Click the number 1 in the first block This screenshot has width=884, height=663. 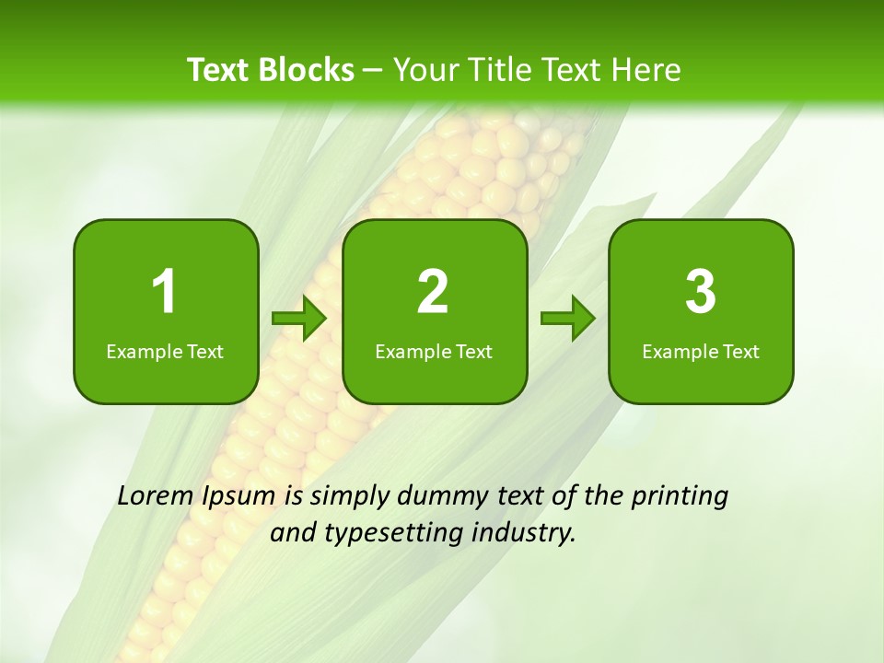(164, 292)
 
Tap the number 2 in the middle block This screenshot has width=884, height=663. (433, 292)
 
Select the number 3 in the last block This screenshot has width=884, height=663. (701, 292)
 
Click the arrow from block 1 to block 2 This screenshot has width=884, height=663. (300, 319)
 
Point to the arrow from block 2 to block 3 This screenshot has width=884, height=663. (568, 319)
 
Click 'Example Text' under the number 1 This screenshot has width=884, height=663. (165, 352)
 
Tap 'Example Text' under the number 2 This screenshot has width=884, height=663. (434, 352)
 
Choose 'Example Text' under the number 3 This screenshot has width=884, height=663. (701, 352)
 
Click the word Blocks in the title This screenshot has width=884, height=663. (308, 70)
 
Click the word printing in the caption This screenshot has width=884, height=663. (680, 497)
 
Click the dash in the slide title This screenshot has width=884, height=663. (374, 70)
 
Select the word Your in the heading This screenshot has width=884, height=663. (427, 70)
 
